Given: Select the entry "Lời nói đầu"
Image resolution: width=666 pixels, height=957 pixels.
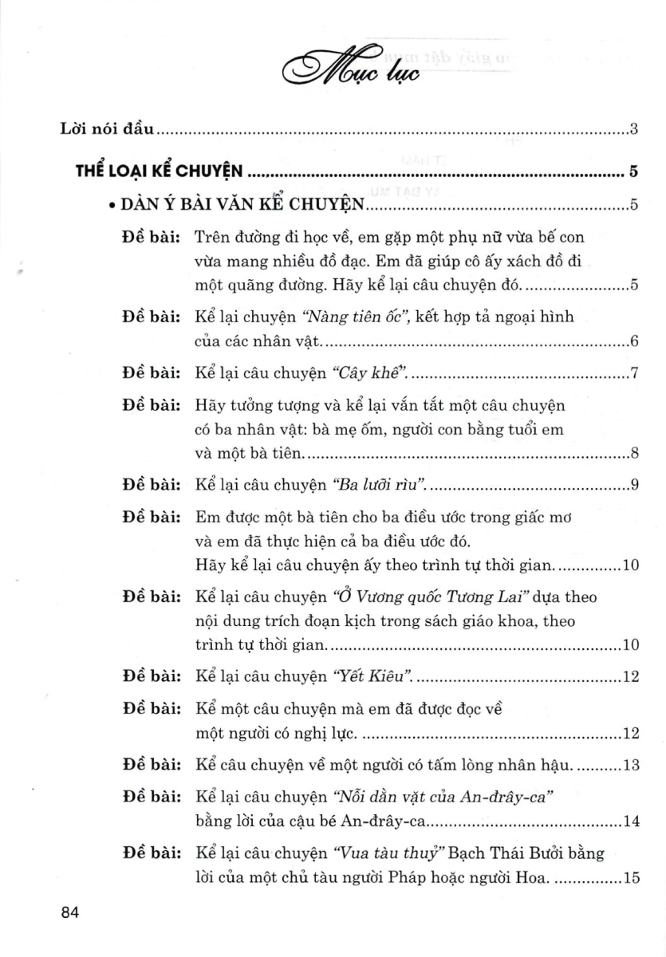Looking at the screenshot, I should point(108,128).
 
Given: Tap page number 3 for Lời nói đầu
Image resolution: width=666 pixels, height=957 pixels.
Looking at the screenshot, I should point(632,128).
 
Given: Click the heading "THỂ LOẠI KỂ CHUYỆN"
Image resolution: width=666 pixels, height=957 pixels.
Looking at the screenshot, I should point(160,170).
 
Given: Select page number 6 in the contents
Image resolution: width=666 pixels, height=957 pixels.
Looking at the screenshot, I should point(632,343).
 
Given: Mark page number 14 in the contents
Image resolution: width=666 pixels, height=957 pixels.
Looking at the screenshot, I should point(629,821).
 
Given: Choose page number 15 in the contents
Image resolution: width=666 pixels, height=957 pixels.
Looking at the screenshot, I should point(629,879).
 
